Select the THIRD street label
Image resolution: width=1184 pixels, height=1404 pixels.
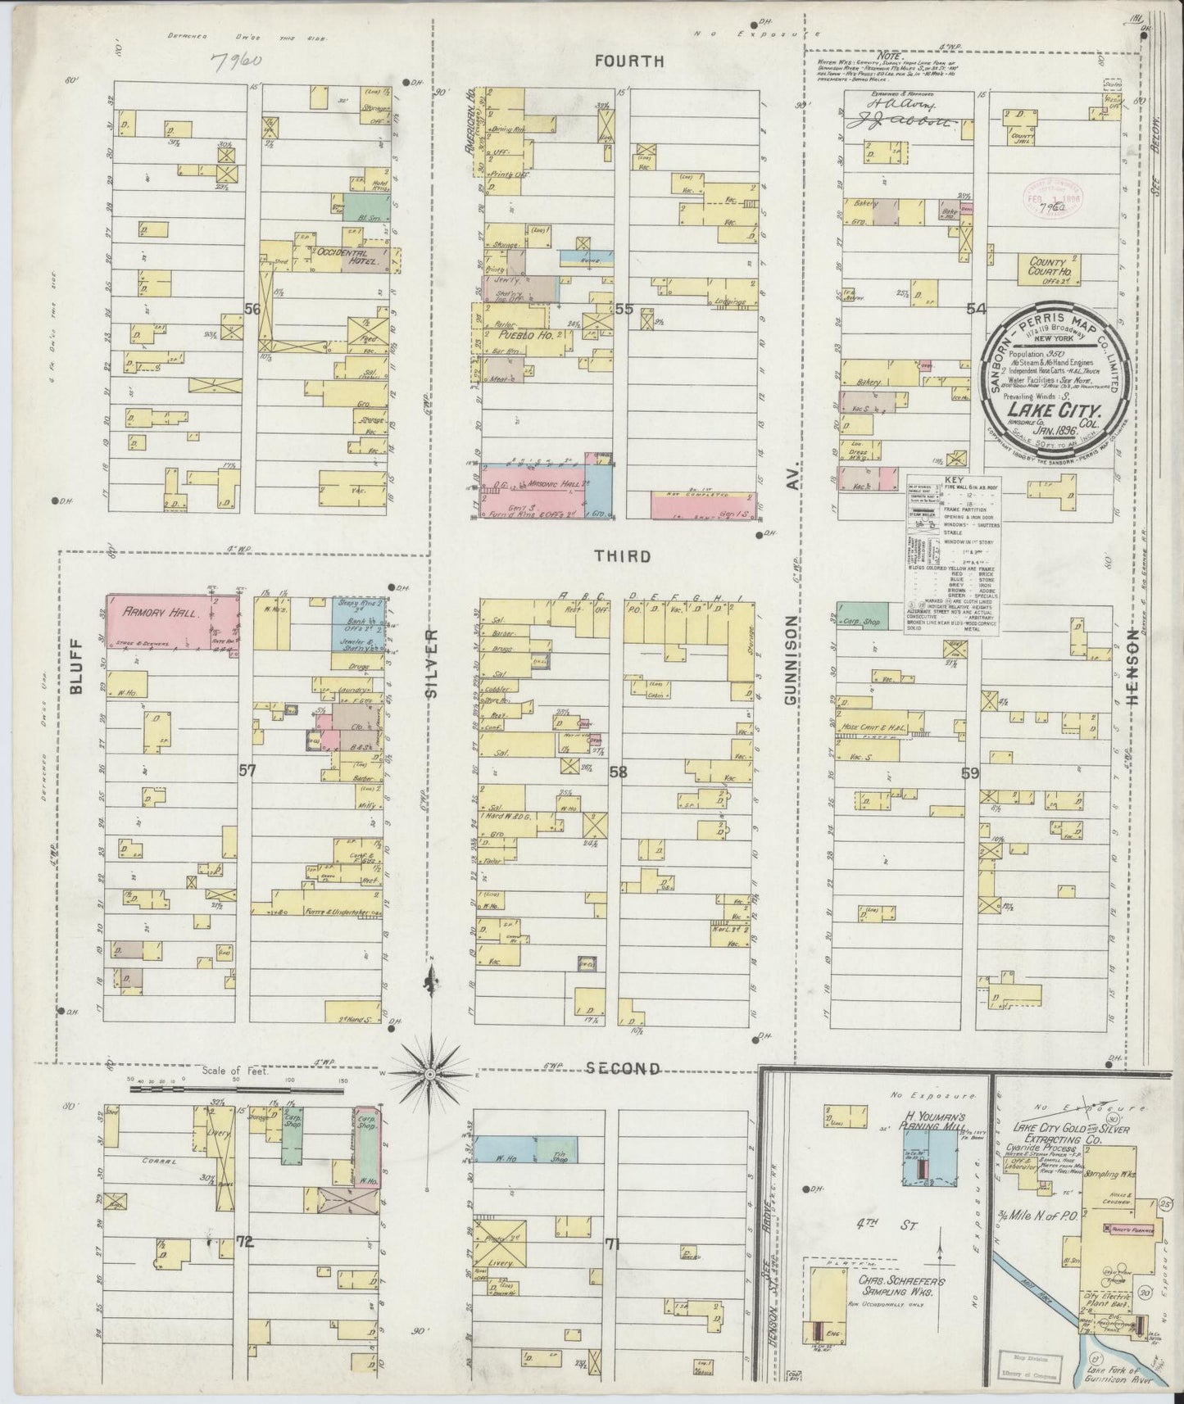coord(623,556)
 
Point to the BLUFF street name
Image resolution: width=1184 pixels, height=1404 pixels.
coord(77,665)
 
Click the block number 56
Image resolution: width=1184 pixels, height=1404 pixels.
coord(252,308)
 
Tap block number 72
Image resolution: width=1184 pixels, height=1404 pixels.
coord(243,1242)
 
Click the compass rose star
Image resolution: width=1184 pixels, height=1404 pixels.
coord(429,1072)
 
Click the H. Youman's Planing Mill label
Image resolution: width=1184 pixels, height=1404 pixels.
coord(924,1123)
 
